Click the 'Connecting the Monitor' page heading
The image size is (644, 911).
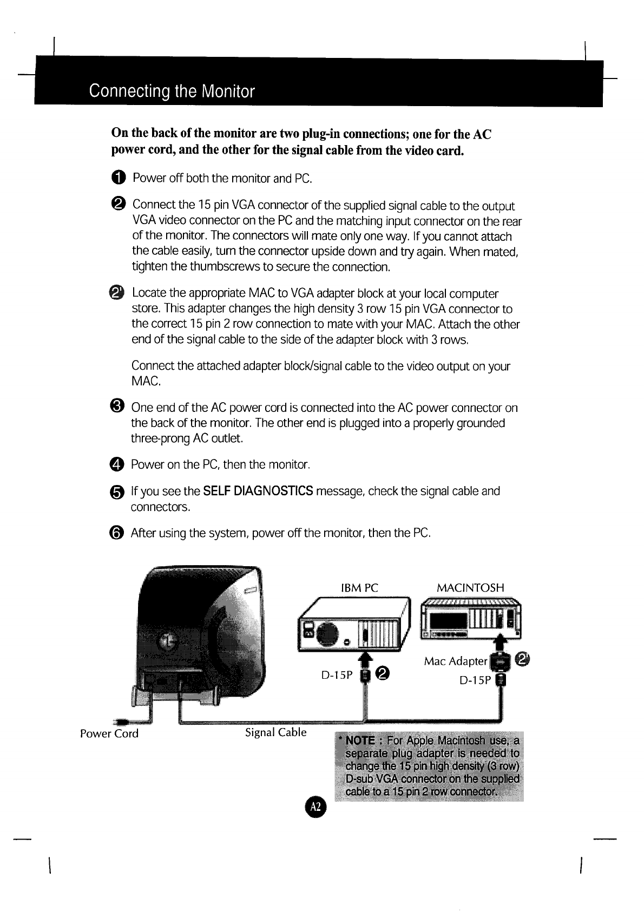pyautogui.click(x=172, y=90)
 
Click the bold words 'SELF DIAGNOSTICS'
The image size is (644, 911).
pyautogui.click(x=258, y=491)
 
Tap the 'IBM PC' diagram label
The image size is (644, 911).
pyautogui.click(x=360, y=588)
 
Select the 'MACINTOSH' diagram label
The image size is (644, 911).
pyautogui.click(x=470, y=588)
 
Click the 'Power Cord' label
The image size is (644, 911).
pyautogui.click(x=109, y=734)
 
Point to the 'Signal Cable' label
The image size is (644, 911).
pyautogui.click(x=275, y=732)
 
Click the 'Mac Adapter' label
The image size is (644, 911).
pyautogui.click(x=456, y=661)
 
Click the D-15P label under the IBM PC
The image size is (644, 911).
pyautogui.click(x=337, y=675)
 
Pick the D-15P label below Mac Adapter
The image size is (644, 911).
pyautogui.click(x=475, y=680)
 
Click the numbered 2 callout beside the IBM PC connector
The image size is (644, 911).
pyautogui.click(x=383, y=673)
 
